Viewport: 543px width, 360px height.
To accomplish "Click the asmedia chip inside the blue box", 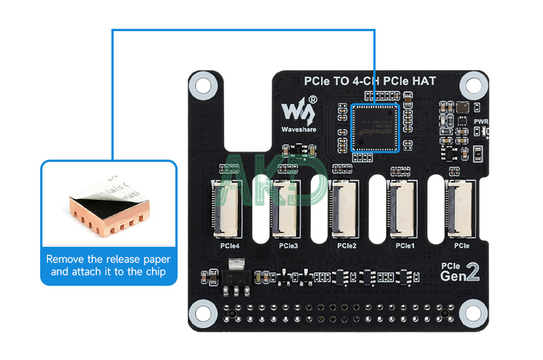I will click(x=376, y=127).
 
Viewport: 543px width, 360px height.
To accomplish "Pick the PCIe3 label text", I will click(x=288, y=246).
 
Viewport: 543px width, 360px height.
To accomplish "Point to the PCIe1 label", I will click(x=405, y=246).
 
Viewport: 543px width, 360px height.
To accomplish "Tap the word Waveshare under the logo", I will click(x=299, y=129).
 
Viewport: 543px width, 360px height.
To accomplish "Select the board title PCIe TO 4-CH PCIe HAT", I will click(x=370, y=82).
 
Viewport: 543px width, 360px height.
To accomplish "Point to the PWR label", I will click(x=481, y=121).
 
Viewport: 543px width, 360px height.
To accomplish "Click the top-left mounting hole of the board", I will click(x=203, y=85).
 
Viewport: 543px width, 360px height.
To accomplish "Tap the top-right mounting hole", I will click(x=473, y=85).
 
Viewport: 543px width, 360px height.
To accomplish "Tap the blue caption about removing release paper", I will click(x=109, y=265).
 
